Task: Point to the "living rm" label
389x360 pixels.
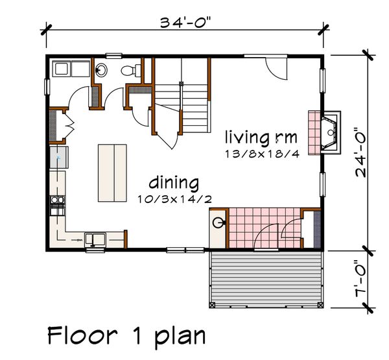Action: pyautogui.click(x=261, y=138)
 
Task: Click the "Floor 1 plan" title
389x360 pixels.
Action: pyautogui.click(x=126, y=336)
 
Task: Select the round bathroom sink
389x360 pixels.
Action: pyautogui.click(x=102, y=70)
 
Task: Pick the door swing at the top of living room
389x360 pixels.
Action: pyautogui.click(x=274, y=66)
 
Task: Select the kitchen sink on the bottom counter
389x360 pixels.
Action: pyautogui.click(x=95, y=240)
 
